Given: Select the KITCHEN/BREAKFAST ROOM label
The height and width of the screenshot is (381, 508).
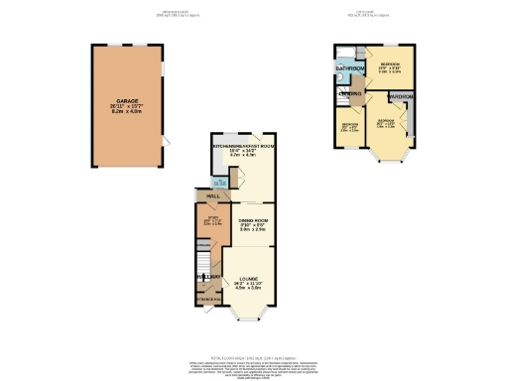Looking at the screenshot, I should (x=242, y=145).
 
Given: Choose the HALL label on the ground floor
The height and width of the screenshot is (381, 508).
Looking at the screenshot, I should (x=210, y=196).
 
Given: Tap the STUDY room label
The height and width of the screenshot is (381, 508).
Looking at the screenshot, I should (x=210, y=218).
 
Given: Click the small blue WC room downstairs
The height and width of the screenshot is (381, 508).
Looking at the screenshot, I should (x=220, y=181).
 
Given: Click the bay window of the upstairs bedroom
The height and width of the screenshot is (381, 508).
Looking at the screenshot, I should (x=388, y=154).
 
